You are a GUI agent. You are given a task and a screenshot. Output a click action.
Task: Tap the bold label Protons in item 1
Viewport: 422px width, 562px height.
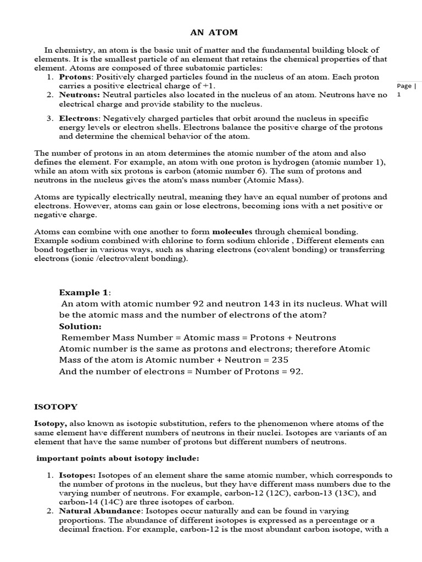[74, 77]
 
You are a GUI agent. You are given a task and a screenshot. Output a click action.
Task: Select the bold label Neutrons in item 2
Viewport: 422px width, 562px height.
[76, 95]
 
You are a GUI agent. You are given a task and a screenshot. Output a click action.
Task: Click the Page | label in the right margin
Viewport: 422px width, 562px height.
[406, 86]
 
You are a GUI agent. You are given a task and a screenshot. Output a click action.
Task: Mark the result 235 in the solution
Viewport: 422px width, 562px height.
[279, 360]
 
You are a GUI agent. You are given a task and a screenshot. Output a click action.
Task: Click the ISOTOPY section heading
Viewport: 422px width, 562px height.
[56, 407]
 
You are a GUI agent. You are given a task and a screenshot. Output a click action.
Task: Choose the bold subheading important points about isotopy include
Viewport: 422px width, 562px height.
[118, 458]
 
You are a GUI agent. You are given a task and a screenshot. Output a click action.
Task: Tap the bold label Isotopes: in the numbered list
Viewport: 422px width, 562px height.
[77, 475]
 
